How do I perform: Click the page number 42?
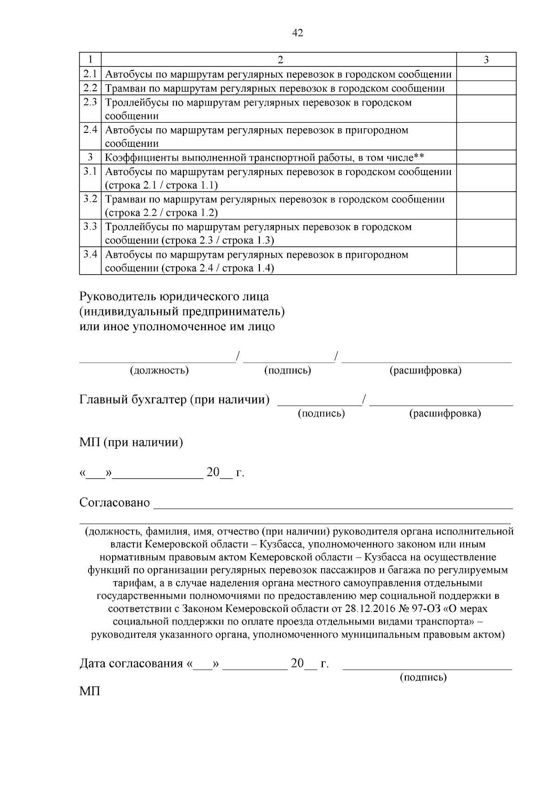click(298, 33)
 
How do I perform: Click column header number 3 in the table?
click(486, 60)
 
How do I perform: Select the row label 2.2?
click(90, 88)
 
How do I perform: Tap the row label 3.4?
click(90, 254)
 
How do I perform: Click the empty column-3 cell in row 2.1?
click(486, 74)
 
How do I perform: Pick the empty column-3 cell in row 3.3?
click(486, 233)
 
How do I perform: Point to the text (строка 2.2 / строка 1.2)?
click(161, 213)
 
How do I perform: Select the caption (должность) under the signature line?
click(159, 371)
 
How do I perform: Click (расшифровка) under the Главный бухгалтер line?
click(445, 413)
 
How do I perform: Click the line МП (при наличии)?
click(131, 443)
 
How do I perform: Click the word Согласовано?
click(114, 503)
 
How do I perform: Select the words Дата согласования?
click(131, 664)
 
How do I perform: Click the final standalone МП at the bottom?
click(90, 692)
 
